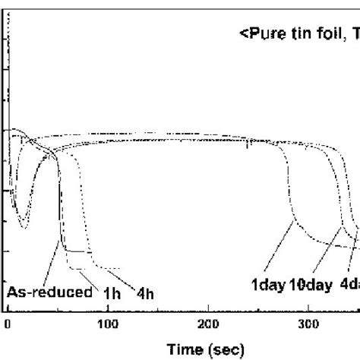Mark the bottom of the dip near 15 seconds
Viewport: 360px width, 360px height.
[x=24, y=226]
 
